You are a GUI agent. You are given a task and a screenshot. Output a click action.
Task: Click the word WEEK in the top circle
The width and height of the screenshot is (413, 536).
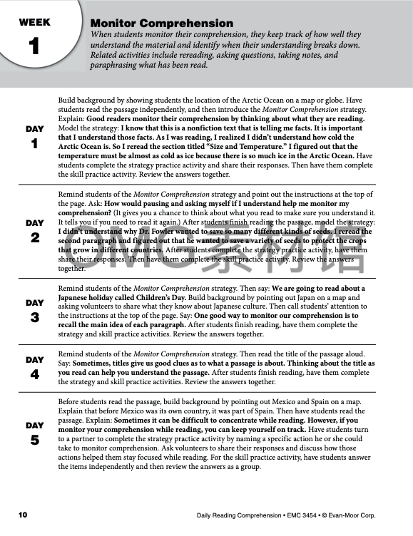pyautogui.click(x=34, y=22)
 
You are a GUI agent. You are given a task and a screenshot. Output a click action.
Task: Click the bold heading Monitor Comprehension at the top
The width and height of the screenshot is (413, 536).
pyautogui.click(x=162, y=24)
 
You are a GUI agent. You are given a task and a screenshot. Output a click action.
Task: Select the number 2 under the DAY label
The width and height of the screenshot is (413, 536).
pyautogui.click(x=34, y=237)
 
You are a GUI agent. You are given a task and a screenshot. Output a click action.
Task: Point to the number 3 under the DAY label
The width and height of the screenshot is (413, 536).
pyautogui.click(x=34, y=316)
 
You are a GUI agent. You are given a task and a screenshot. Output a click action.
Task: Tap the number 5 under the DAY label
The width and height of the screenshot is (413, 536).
pyautogui.click(x=34, y=439)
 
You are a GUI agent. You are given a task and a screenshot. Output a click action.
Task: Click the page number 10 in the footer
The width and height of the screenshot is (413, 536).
pyautogui.click(x=23, y=514)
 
